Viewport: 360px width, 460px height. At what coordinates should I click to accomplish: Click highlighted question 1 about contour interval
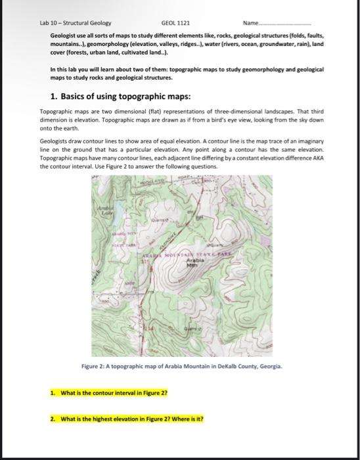pos(112,392)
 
